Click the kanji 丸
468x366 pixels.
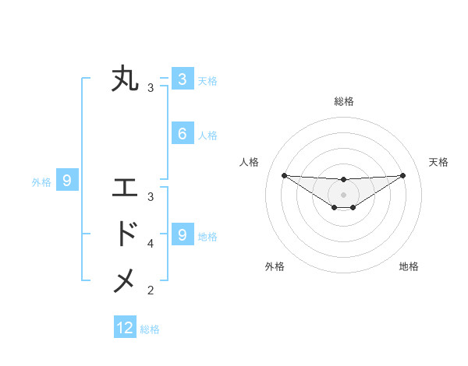pyautogui.click(x=125, y=79)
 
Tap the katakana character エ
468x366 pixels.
pyautogui.click(x=125, y=188)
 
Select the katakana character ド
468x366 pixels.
pyautogui.click(x=125, y=234)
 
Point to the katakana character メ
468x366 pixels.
pyautogui.click(x=125, y=281)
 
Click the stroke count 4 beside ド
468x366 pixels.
pyautogui.click(x=151, y=244)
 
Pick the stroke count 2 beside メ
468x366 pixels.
pyautogui.click(x=151, y=290)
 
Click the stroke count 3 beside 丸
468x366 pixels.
pyautogui.click(x=151, y=88)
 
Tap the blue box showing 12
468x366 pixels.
pyautogui.click(x=125, y=328)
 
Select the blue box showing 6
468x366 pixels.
pyautogui.click(x=182, y=134)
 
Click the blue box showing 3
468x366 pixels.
pyautogui.click(x=182, y=79)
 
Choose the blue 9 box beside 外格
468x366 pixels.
pyautogui.click(x=67, y=181)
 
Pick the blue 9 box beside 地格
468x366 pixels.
pyautogui.click(x=182, y=234)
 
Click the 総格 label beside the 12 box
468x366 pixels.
pyautogui.click(x=150, y=329)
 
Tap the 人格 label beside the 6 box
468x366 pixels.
pyautogui.click(x=207, y=135)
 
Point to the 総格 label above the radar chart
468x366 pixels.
pyautogui.click(x=343, y=101)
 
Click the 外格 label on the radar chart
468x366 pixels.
pyautogui.click(x=275, y=266)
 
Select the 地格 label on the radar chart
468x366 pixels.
pyautogui.click(x=409, y=266)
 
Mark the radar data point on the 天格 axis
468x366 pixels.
pyautogui.click(x=402, y=175)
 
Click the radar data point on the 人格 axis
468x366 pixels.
pyautogui.click(x=284, y=175)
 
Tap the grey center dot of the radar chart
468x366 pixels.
pyautogui.click(x=343, y=194)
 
